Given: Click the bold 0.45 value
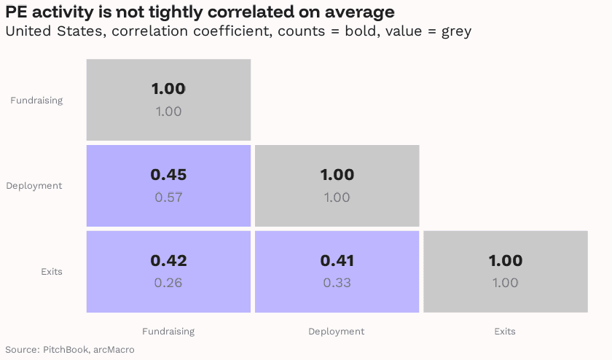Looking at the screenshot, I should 168,175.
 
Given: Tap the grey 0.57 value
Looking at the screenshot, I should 168,197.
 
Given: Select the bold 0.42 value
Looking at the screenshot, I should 168,261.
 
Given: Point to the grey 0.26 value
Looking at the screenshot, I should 168,283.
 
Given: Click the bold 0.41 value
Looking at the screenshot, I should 337,261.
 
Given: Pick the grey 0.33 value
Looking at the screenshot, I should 337,283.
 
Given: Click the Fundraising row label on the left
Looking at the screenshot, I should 36,101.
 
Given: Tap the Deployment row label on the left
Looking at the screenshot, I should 34,186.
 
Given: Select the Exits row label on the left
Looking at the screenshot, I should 52,272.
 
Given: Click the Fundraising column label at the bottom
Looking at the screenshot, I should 168,332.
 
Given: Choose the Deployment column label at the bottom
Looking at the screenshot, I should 337,332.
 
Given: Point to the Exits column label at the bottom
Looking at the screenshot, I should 505,332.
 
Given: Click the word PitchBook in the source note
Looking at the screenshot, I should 66,350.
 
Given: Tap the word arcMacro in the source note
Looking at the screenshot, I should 114,350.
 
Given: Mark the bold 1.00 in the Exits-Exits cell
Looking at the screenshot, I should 505,261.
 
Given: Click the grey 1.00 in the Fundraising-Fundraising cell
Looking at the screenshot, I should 168,111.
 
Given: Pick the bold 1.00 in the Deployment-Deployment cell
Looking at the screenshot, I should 337,175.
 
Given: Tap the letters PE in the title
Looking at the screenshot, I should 15,12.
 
